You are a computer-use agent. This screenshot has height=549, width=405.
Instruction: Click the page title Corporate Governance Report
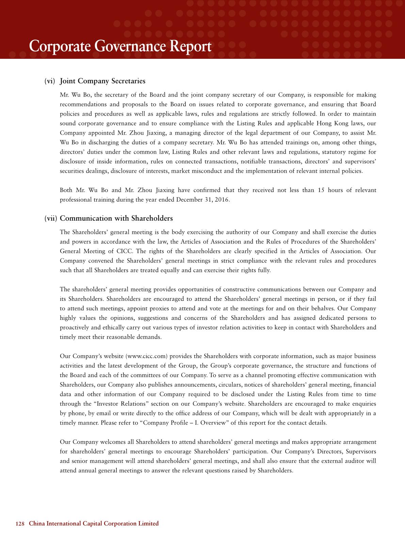pyautogui.click(x=120, y=46)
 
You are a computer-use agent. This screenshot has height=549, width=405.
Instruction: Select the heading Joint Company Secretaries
pyautogui.click(x=102, y=81)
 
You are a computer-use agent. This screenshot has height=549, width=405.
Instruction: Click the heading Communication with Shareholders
pyautogui.click(x=116, y=219)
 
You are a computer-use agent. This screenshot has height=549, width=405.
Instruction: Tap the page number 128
pyautogui.click(x=20, y=524)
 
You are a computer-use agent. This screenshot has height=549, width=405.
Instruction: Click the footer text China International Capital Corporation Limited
pyautogui.click(x=94, y=524)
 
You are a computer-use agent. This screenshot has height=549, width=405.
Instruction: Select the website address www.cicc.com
pyautogui.click(x=147, y=356)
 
